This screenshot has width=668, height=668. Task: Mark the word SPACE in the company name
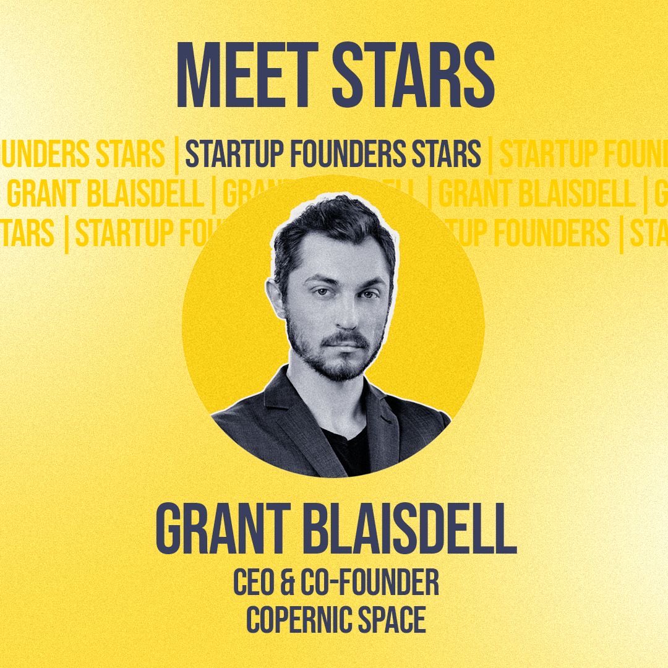click(395, 619)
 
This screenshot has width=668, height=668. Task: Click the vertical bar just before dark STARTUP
click(178, 155)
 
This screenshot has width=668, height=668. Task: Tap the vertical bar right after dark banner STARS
click(490, 155)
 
